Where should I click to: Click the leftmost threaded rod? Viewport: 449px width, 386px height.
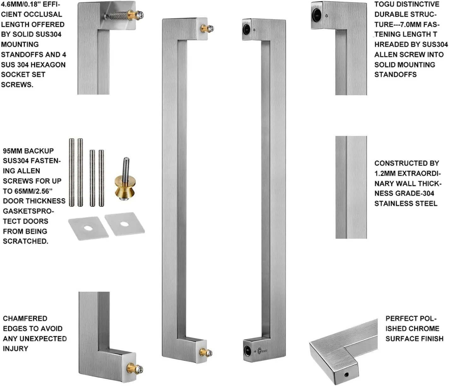coord(72,173)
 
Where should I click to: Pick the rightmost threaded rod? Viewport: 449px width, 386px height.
coord(101,178)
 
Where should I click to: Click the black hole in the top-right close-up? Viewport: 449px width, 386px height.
coord(316,15)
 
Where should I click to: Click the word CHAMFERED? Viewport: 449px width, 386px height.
coord(25,319)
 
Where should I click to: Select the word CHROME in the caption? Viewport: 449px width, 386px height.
coord(423,329)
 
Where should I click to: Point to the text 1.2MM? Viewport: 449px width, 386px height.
coord(385,173)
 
